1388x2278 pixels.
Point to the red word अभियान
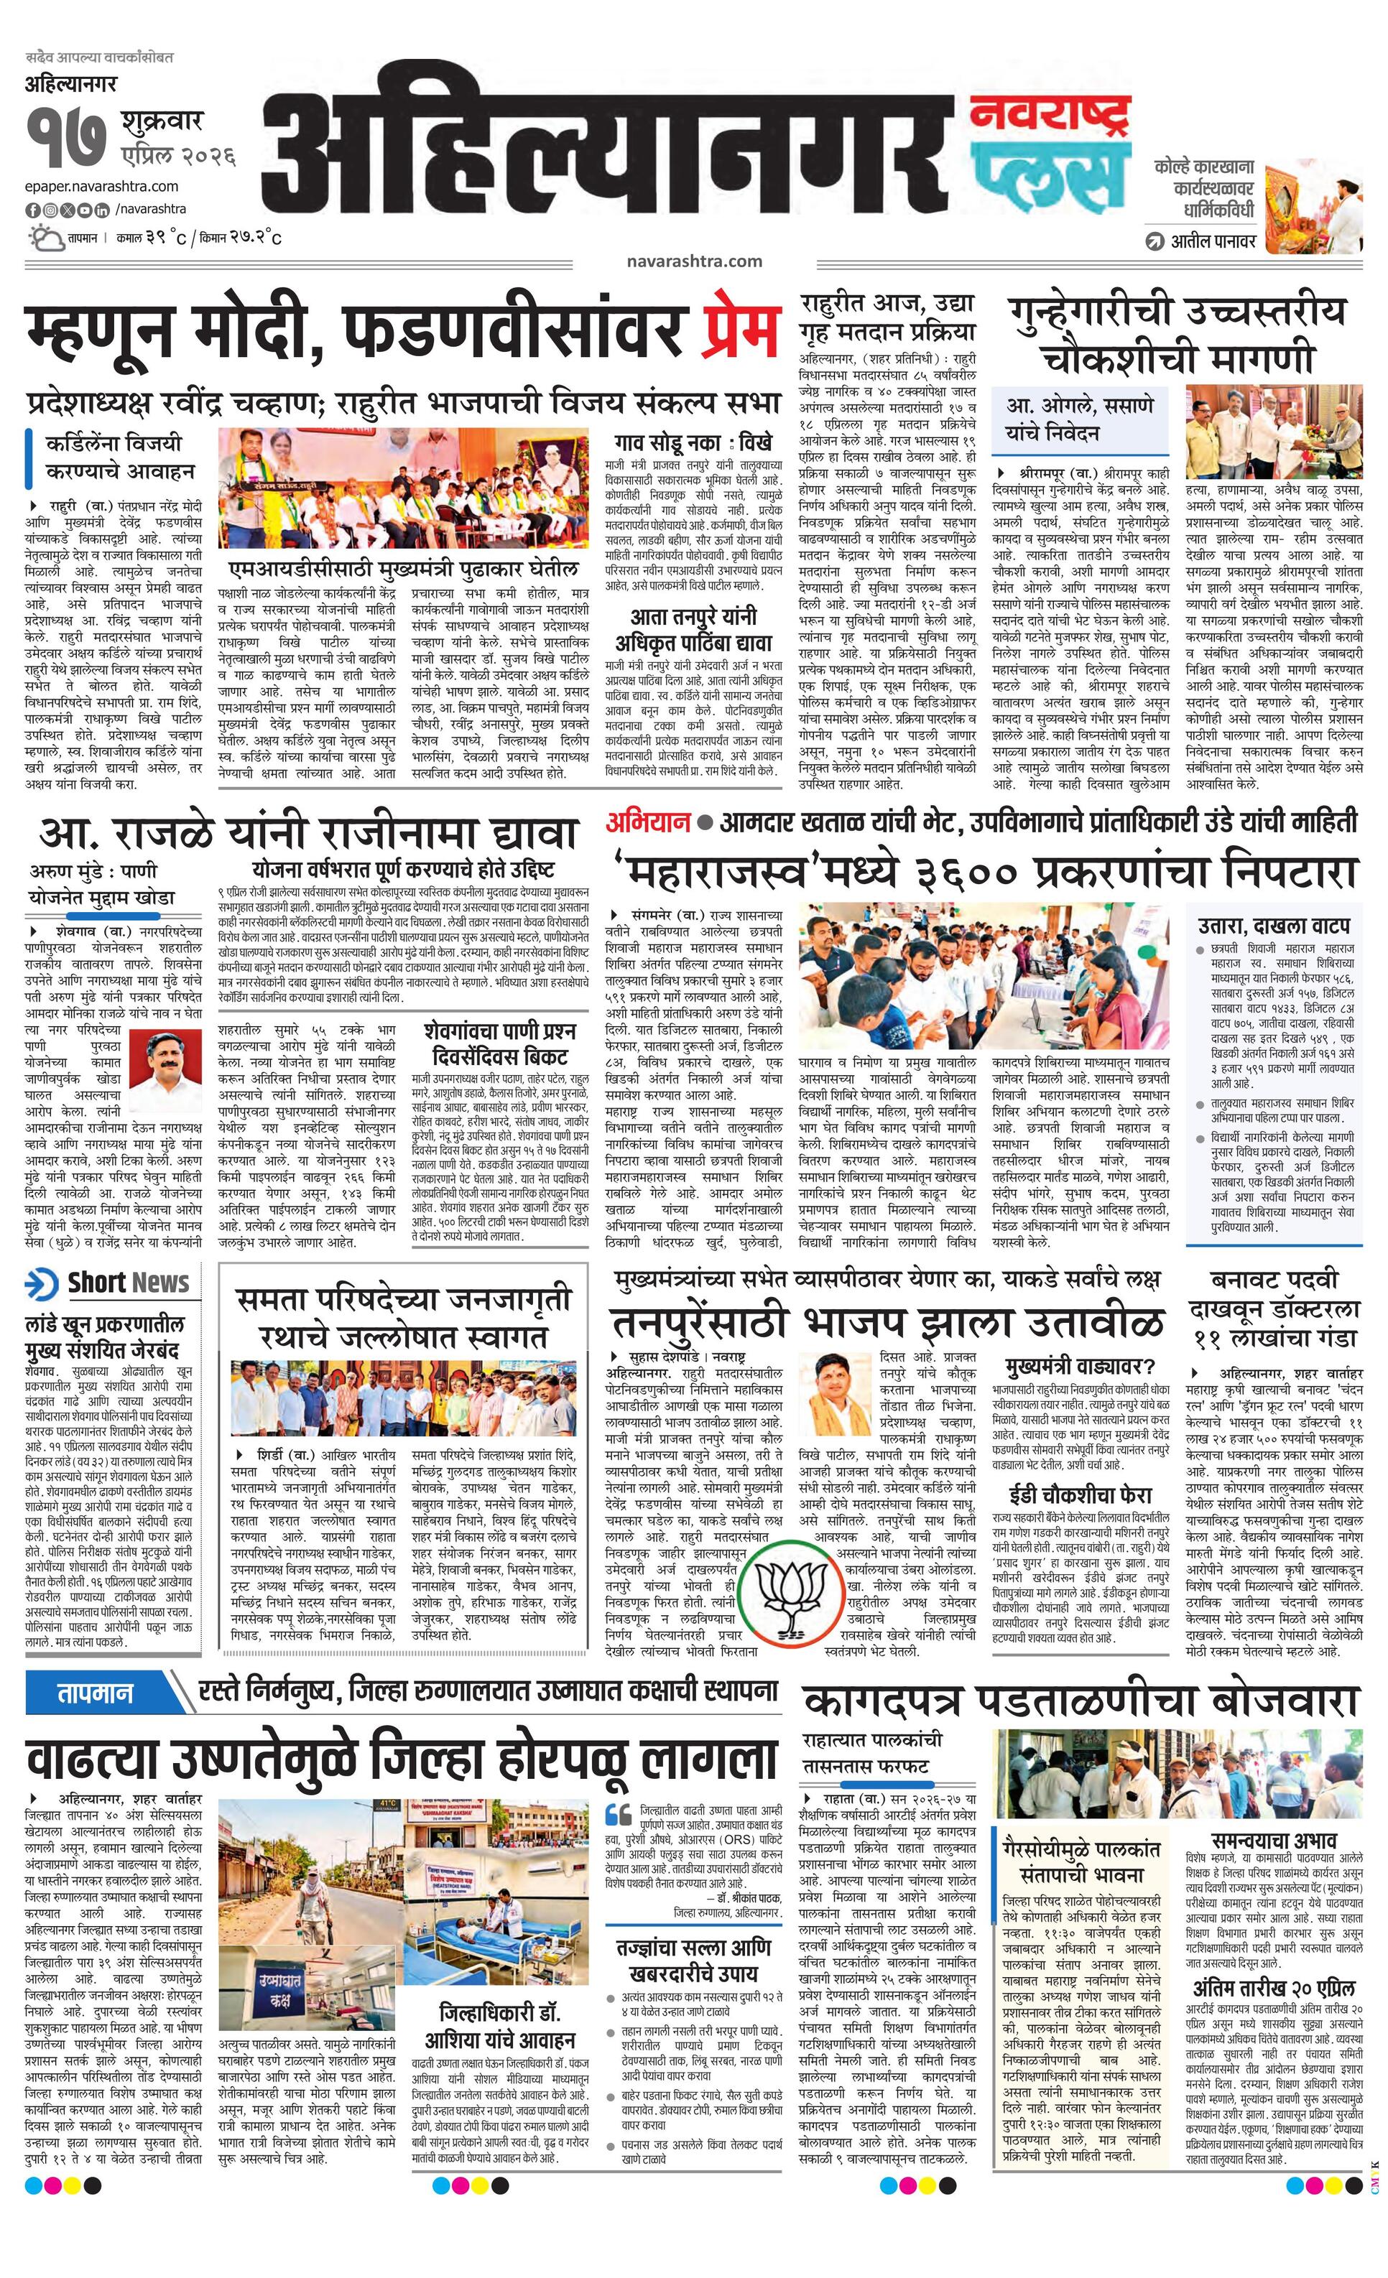click(648, 821)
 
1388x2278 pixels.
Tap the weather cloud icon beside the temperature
click(45, 238)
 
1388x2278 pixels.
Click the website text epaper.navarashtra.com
click(103, 187)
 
